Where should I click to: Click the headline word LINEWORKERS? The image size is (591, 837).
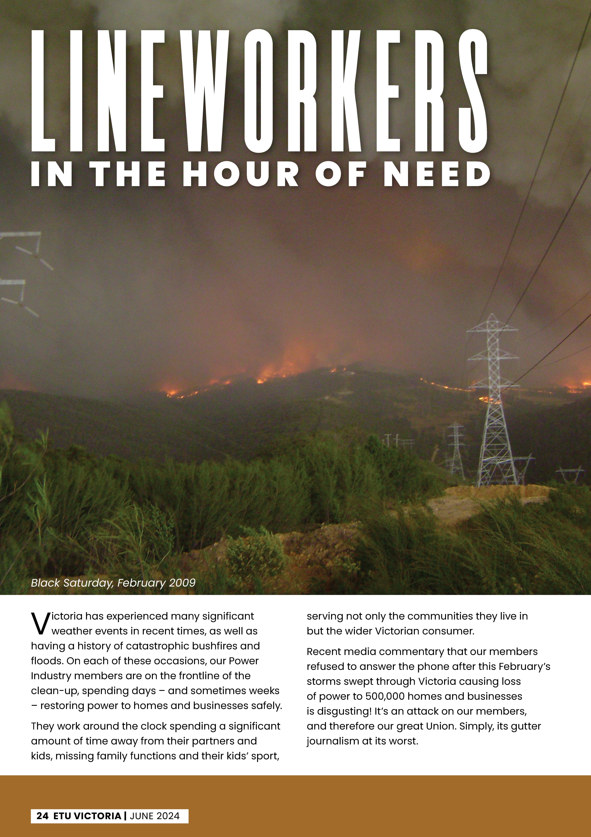259,91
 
